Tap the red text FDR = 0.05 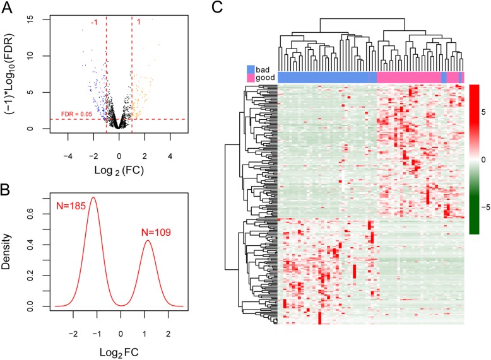coord(77,113)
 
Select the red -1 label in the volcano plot coord(95,23)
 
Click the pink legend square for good coord(251,77)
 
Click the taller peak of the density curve coord(93,197)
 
